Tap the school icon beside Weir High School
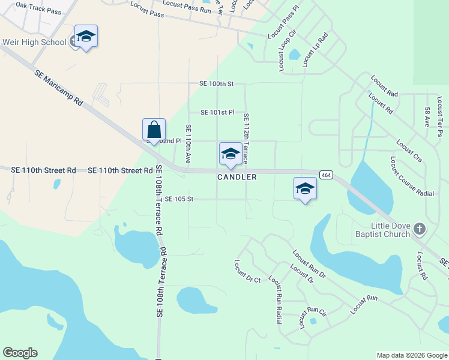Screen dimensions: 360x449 [x=86, y=37]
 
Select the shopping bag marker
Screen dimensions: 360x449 [x=154, y=130]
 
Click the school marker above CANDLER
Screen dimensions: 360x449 [x=231, y=154]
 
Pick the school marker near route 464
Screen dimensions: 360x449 [x=305, y=188]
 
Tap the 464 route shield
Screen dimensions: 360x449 [x=325, y=175]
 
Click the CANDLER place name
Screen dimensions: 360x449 [x=237, y=177]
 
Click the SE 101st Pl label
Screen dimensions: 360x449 [x=217, y=112]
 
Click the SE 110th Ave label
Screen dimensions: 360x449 [x=188, y=144]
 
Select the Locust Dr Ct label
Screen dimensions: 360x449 [x=247, y=271]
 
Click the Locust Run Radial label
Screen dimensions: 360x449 [x=276, y=300]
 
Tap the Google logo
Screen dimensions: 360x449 [x=20, y=353]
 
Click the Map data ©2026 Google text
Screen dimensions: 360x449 [x=411, y=355]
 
